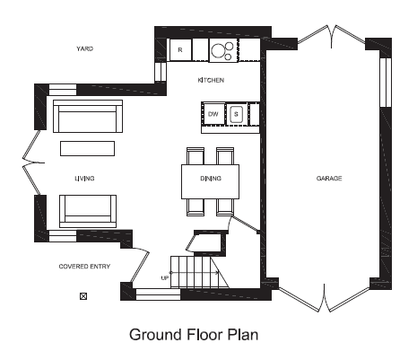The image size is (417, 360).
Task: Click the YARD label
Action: click(85, 48)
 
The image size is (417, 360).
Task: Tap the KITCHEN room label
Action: click(211, 80)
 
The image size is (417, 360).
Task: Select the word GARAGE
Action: click(329, 179)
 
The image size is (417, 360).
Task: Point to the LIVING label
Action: click(84, 179)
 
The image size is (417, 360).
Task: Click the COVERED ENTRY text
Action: click(84, 267)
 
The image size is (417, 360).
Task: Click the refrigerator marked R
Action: click(180, 49)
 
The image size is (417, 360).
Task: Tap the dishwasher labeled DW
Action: click(213, 114)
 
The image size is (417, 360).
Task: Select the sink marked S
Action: click(236, 114)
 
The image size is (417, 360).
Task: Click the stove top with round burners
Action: click(223, 50)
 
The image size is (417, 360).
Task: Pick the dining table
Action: click(211, 181)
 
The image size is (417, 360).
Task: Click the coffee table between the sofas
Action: click(87, 148)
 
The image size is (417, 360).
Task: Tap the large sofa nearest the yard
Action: click(88, 116)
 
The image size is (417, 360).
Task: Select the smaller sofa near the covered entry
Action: click(88, 211)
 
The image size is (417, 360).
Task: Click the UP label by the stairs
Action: click(165, 278)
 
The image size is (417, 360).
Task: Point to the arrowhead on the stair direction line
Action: click(217, 272)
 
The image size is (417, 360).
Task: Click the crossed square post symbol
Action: click(83, 296)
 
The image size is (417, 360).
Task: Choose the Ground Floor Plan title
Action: click(194, 335)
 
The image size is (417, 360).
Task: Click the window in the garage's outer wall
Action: click(386, 82)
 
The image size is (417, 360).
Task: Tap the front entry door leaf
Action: click(140, 267)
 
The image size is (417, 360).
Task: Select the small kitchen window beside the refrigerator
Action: click(161, 72)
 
